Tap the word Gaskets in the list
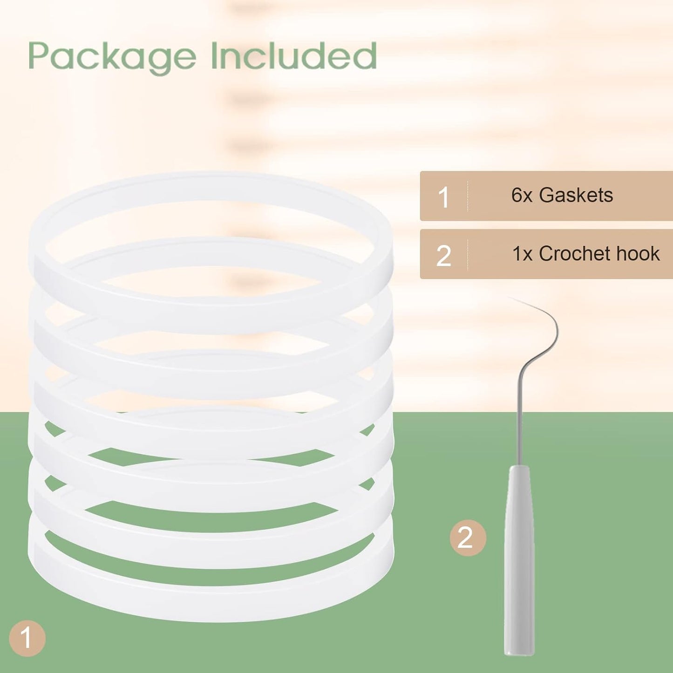point(576,195)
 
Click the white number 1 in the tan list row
point(444,197)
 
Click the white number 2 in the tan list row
point(443,256)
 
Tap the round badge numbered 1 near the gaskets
point(27,638)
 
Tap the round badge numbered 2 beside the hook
point(468,538)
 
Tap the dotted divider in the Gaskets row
point(468,196)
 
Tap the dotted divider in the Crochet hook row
point(468,255)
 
